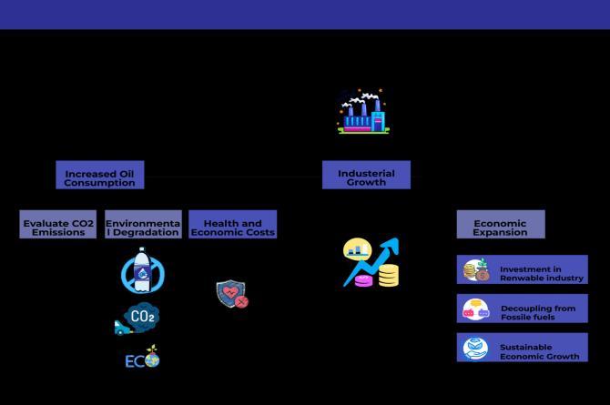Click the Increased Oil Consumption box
(99, 175)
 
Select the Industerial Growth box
(366, 175)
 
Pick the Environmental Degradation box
(143, 225)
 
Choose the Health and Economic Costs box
(232, 225)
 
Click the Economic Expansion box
(500, 225)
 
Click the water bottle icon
(143, 270)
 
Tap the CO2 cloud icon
(139, 318)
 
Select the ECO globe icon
(143, 358)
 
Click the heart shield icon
(231, 294)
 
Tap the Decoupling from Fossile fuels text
(538, 312)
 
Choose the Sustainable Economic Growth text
(539, 351)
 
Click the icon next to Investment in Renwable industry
(476, 270)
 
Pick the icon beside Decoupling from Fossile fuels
(475, 309)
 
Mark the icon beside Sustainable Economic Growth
(475, 349)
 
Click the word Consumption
(99, 183)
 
